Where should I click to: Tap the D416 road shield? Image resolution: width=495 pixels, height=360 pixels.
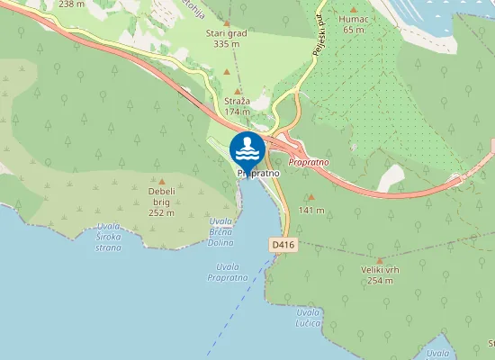pos(283,245)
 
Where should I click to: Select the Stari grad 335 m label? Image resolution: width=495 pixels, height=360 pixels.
pos(227,38)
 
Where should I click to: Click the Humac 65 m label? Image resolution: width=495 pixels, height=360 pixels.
pos(354,24)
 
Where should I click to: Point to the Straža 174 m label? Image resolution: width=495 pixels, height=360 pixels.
pos(238,107)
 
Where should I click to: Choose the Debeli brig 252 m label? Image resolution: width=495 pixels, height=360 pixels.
pos(161,202)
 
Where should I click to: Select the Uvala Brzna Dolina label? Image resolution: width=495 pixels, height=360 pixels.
pos(220,231)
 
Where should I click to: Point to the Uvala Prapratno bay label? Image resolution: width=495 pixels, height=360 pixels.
pos(227,272)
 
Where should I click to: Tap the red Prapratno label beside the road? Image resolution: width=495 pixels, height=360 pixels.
pos(310,161)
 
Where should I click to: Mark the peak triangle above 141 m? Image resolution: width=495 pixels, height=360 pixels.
pos(311,197)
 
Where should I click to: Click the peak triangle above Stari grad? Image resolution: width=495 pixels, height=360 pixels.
pos(226,22)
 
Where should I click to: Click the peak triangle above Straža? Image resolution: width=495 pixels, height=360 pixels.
pos(238,91)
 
